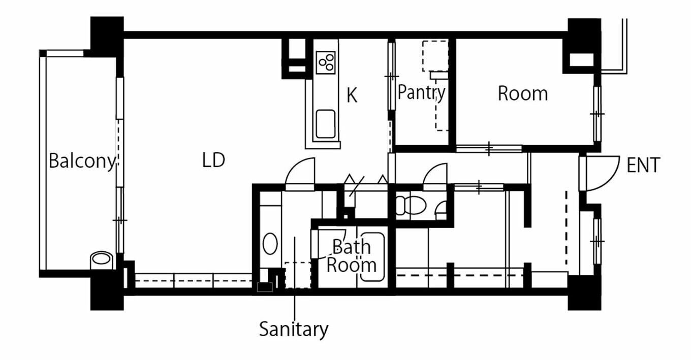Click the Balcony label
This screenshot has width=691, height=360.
tap(82, 161)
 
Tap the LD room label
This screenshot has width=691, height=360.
tap(213, 160)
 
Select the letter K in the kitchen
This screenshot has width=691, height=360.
tap(352, 95)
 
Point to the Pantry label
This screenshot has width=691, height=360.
tap(421, 92)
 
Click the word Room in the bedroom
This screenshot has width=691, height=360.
tap(523, 93)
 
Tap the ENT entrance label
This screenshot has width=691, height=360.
tap(643, 165)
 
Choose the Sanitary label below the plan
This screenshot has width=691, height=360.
tap(294, 330)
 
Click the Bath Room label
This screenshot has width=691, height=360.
tap(352, 255)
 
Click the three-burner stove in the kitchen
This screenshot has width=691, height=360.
tap(326, 62)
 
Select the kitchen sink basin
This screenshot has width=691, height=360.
tap(326, 123)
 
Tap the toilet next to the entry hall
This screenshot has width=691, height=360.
tap(411, 205)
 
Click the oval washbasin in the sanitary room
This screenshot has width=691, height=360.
tap(270, 244)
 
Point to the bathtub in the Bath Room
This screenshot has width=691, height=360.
tap(372, 257)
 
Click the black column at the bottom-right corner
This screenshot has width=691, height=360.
tap(584, 293)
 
